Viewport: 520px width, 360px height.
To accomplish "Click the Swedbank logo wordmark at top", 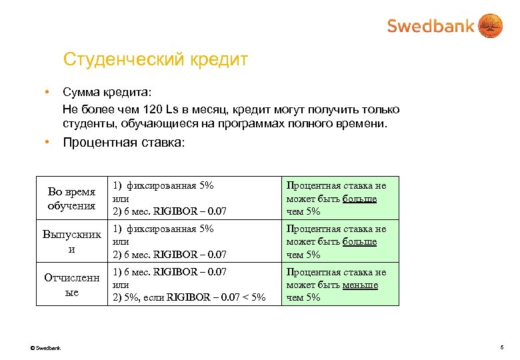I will (x=430, y=26).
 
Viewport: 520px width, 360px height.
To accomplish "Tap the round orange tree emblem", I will (x=491, y=26).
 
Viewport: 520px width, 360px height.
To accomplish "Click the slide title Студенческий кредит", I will (x=155, y=60).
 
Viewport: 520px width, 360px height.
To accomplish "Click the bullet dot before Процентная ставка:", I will (x=48, y=142).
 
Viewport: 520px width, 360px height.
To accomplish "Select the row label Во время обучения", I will (x=72, y=198).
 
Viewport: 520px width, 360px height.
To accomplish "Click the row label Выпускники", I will (x=72, y=241).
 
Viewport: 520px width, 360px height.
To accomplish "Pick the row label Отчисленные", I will (x=72, y=285).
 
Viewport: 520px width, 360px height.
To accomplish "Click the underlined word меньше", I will (x=361, y=285).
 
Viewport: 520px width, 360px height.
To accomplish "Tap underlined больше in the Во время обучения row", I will (x=360, y=199).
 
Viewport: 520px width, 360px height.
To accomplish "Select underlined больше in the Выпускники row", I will (x=360, y=241).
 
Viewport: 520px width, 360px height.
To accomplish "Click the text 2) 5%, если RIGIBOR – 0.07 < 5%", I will (x=189, y=297).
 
